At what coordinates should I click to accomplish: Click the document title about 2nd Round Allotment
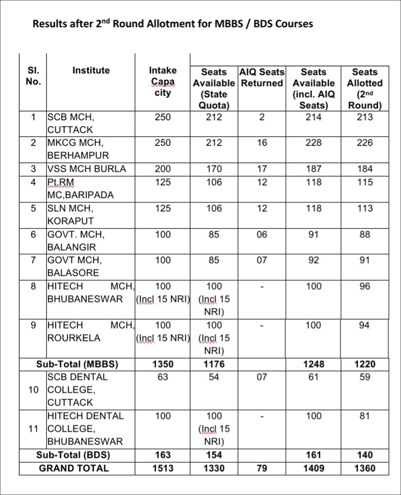click(x=172, y=24)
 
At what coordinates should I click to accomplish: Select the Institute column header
click(x=91, y=70)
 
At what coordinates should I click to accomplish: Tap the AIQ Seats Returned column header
click(x=262, y=77)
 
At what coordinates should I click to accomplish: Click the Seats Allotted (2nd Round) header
click(x=365, y=89)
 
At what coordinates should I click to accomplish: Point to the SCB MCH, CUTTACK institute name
click(x=71, y=123)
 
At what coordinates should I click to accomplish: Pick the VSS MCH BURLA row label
click(x=87, y=169)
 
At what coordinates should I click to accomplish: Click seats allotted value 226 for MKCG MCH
click(x=365, y=143)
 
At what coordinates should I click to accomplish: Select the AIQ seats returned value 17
click(x=262, y=169)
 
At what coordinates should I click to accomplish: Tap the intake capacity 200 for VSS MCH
click(x=163, y=169)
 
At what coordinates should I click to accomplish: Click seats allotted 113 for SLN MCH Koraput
click(x=365, y=208)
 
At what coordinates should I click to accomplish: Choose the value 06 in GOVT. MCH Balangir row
click(x=262, y=235)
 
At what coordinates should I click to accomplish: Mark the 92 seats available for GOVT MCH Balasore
click(x=313, y=260)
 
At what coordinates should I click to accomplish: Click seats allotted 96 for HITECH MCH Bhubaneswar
click(x=365, y=287)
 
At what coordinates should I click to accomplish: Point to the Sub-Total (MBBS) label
click(x=77, y=364)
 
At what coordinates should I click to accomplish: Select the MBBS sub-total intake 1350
click(x=163, y=364)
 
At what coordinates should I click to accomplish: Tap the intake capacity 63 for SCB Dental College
click(x=163, y=377)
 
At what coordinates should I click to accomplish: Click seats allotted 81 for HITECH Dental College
click(x=365, y=416)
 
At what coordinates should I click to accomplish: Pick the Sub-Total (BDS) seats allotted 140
click(x=365, y=455)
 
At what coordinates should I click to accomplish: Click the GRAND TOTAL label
click(x=74, y=468)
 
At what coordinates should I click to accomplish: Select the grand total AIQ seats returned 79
click(x=262, y=468)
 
